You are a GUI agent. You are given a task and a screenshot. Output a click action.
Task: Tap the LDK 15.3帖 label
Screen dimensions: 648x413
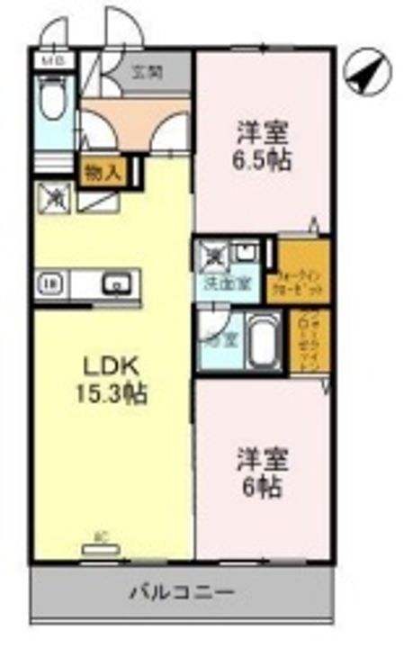pyautogui.click(x=115, y=379)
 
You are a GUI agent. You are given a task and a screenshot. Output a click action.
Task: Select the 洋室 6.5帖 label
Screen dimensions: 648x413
pyautogui.click(x=264, y=149)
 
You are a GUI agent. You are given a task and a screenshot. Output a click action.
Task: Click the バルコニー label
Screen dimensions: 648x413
pyautogui.click(x=183, y=593)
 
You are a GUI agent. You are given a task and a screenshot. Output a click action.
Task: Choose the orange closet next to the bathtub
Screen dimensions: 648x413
pyautogui.click(x=302, y=342)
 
